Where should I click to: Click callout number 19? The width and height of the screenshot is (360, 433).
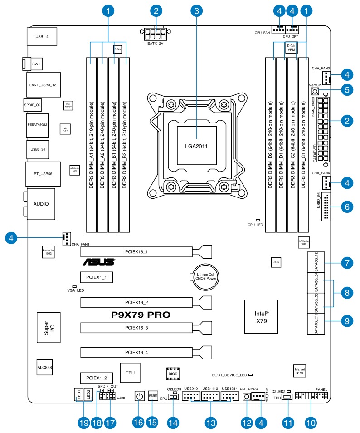[83, 422]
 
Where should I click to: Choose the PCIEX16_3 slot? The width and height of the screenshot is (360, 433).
[147, 327]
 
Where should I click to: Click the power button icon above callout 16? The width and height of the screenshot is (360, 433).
[140, 397]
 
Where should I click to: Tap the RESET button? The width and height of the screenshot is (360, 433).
[153, 396]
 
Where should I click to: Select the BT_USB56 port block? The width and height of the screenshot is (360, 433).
[41, 174]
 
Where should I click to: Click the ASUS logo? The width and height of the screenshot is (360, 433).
[98, 262]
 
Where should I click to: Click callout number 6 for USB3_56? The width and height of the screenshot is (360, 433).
[347, 207]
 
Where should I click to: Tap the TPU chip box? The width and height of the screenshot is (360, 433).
[130, 372]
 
